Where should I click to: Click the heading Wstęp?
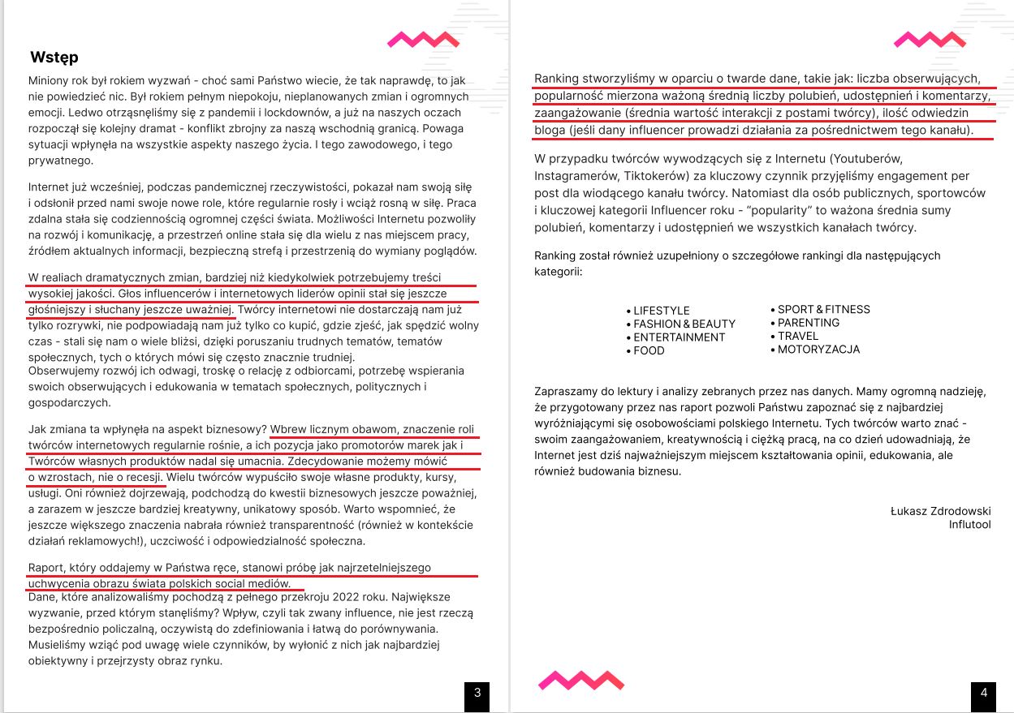(54, 58)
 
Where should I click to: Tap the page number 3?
(477, 693)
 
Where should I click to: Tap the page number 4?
(983, 693)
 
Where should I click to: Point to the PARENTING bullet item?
(808, 323)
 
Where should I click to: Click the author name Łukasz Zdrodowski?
(940, 511)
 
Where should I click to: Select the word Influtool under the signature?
(969, 525)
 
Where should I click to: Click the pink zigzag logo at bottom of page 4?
(581, 680)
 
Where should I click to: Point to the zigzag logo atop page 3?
(423, 39)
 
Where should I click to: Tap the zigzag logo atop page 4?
(929, 39)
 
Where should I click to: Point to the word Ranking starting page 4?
(559, 79)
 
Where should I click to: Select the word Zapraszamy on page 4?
(566, 391)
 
